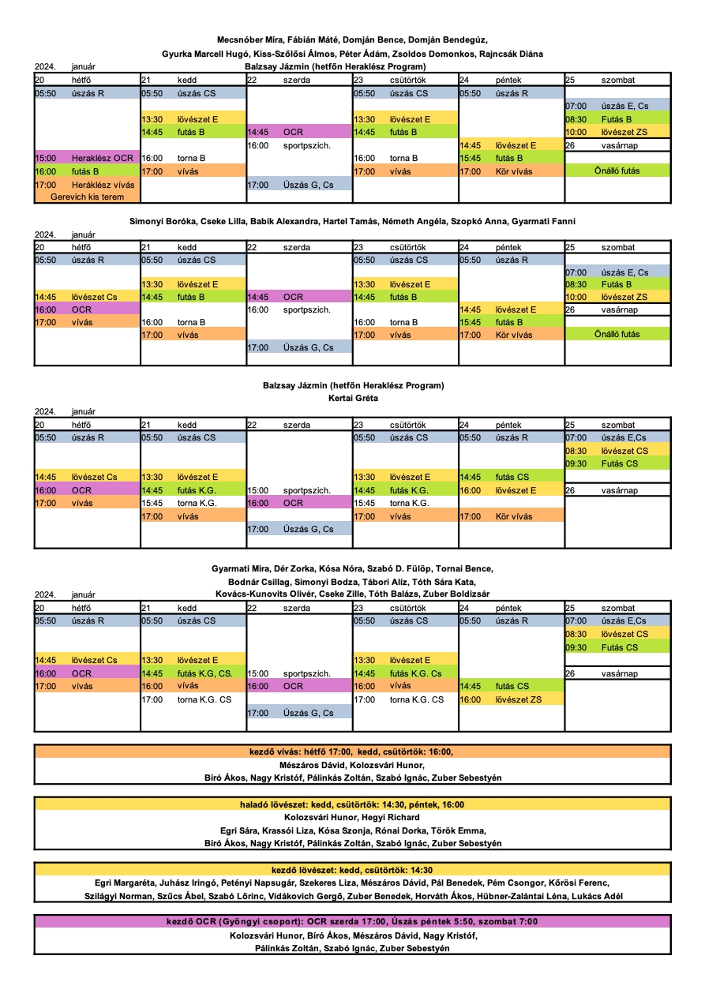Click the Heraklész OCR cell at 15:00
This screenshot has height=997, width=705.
(87, 158)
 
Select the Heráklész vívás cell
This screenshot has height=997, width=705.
(87, 185)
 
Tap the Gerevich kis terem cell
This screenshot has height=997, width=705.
(87, 197)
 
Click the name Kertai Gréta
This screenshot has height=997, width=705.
(353, 398)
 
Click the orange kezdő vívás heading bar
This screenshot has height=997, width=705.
(352, 751)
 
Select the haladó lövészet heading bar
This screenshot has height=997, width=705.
(352, 804)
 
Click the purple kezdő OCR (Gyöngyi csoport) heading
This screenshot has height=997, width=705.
(352, 922)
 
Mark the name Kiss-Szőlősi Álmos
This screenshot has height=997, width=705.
(290, 54)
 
